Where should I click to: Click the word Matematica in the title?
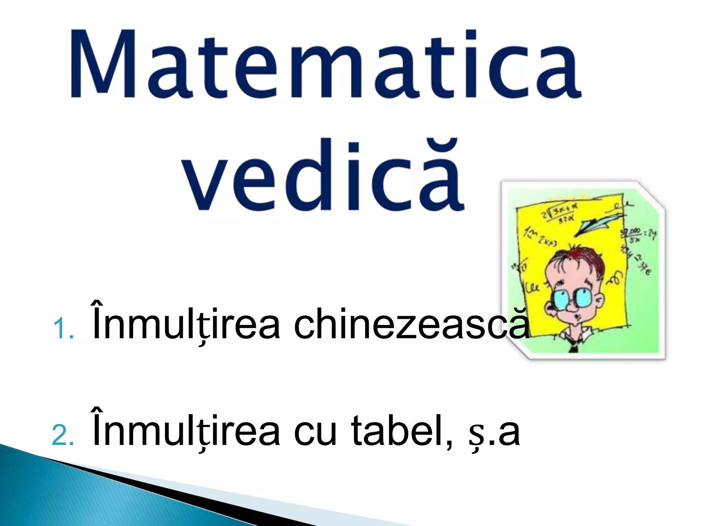[x=325, y=65]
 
